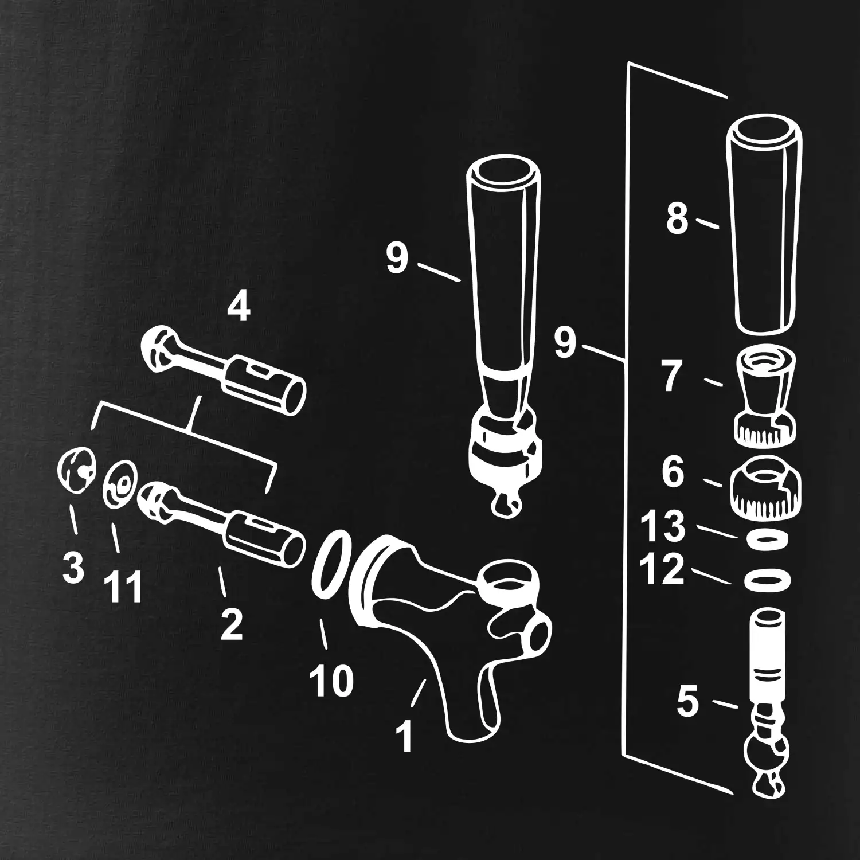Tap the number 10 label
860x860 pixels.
point(331,680)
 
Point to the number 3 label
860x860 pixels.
point(73,567)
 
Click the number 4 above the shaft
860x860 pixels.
point(239,307)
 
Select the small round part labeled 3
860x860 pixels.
point(76,469)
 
